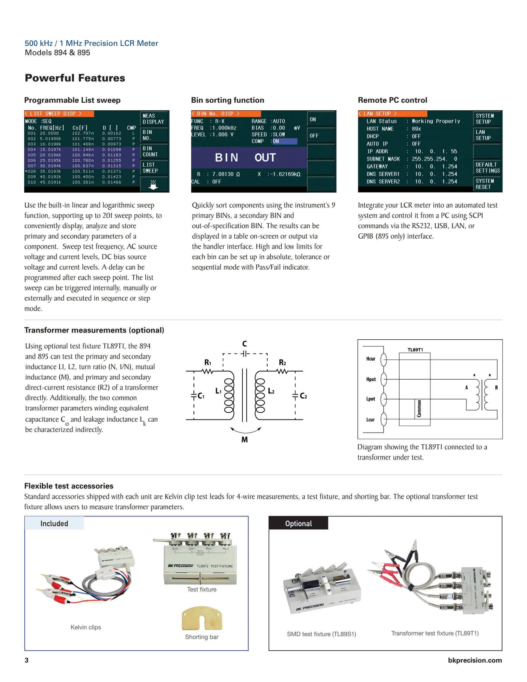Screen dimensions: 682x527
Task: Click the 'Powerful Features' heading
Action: [x=75, y=78]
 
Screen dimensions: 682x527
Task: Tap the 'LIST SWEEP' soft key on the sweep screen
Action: [x=154, y=168]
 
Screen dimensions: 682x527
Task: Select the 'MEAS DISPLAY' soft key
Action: [x=154, y=119]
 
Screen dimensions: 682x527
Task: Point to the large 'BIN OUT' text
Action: [x=245, y=157]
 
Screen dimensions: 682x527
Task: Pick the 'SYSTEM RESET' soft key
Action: [x=487, y=184]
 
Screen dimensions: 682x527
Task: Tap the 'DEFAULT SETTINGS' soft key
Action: [x=487, y=168]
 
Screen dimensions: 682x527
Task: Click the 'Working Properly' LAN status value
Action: [x=436, y=121]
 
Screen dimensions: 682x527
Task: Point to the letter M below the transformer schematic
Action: [x=245, y=440]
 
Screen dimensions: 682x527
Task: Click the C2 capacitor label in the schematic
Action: [x=303, y=396]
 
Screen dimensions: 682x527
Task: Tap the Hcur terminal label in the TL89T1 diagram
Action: [x=371, y=359]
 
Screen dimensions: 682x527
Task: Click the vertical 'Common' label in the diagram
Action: [x=419, y=408]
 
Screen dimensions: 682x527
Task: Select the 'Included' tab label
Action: [x=54, y=523]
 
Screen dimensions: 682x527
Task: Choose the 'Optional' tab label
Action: [x=298, y=523]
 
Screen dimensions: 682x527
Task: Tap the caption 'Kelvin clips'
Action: [x=86, y=627]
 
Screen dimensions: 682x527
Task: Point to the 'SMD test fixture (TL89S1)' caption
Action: [x=322, y=634]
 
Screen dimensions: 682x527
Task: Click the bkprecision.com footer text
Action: [x=475, y=660]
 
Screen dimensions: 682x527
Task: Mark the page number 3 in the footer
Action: [x=27, y=660]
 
